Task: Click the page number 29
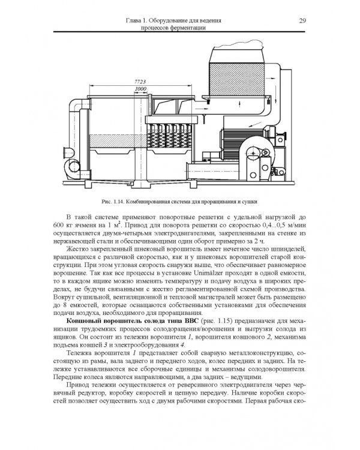[x=302, y=20]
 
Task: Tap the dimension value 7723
[x=140, y=82]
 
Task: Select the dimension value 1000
[x=140, y=89]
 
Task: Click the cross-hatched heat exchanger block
[x=237, y=79]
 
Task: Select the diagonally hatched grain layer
[x=112, y=141]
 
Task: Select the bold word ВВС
[x=192, y=321]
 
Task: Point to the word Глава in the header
[x=133, y=20]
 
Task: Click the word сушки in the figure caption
[x=250, y=202]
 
